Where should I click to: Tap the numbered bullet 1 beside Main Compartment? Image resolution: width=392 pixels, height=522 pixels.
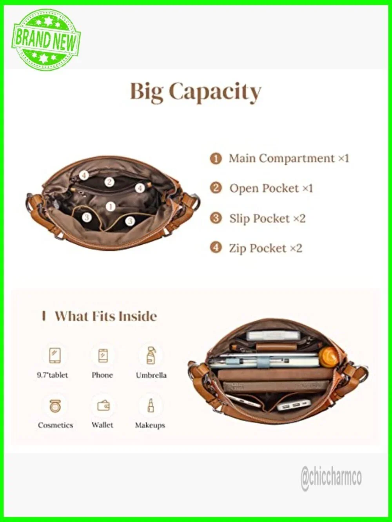(216, 159)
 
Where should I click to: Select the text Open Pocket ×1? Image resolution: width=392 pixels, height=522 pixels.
(271, 188)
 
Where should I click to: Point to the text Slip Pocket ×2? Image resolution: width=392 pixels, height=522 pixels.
(267, 218)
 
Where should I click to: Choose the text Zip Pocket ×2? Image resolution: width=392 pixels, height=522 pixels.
(266, 248)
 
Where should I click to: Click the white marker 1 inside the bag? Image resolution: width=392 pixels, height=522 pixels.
(111, 206)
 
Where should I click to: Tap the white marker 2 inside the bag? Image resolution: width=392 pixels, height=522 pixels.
(109, 182)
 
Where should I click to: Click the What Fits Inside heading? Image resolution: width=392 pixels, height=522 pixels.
(99, 316)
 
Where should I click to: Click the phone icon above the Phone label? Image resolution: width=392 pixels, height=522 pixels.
(103, 356)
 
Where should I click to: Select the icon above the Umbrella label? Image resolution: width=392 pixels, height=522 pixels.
(151, 355)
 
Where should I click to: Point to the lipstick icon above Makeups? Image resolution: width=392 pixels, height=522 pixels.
(151, 406)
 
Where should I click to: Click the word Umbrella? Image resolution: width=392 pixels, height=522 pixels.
(151, 375)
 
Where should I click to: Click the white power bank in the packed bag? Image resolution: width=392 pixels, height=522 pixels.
(294, 405)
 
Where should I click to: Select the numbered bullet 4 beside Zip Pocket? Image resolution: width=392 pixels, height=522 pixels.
(216, 248)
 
